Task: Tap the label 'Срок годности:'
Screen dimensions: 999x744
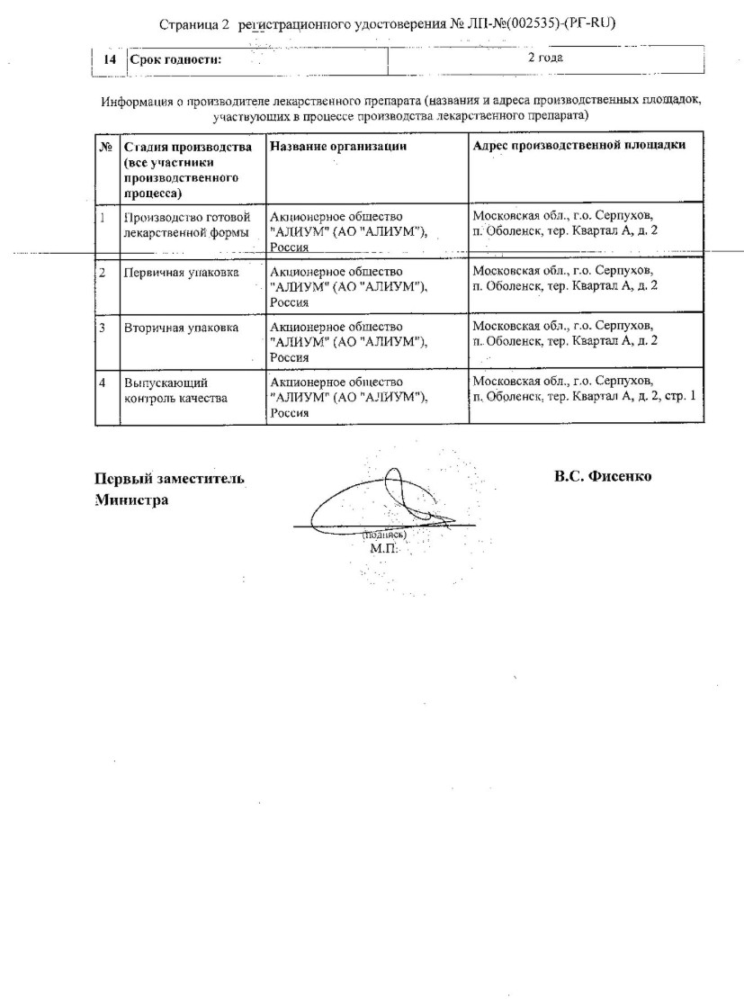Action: point(175,59)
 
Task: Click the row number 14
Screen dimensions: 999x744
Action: point(111,59)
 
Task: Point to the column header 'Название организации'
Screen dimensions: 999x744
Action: point(338,146)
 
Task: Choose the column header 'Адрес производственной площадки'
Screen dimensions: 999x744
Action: point(579,146)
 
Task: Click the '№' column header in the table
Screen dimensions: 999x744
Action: point(105,146)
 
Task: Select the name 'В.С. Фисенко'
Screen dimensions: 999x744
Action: point(602,476)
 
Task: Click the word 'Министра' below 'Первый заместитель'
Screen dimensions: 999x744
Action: point(131,499)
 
